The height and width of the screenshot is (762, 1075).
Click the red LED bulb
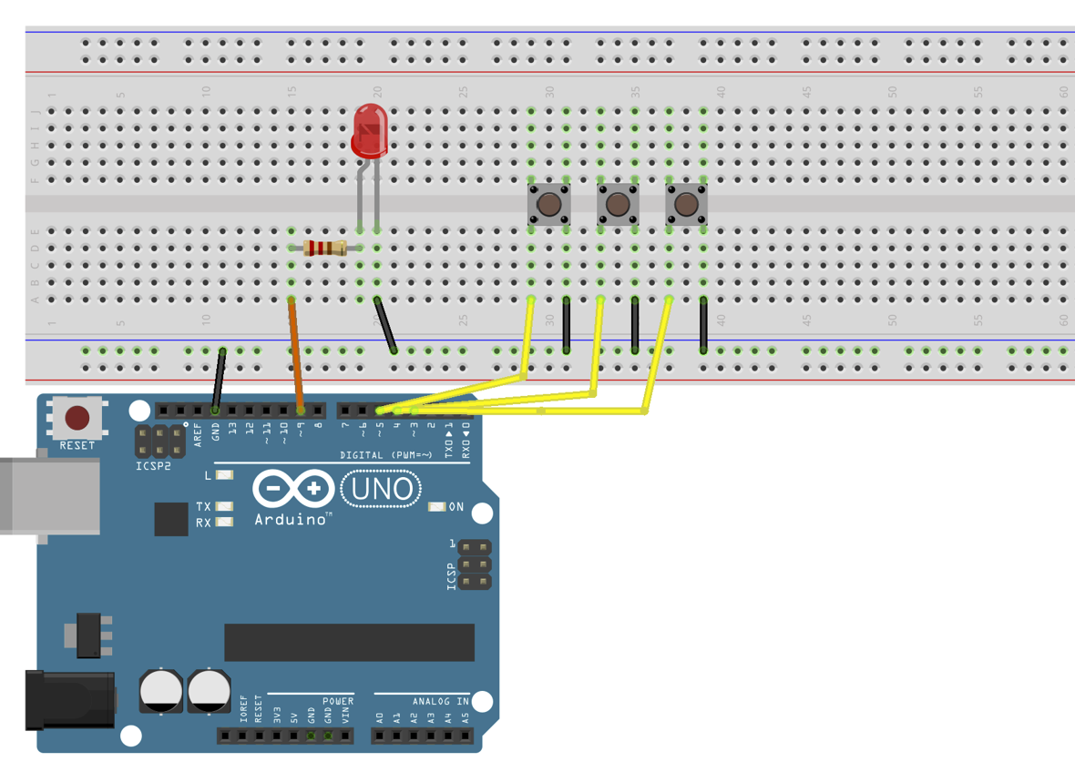(x=369, y=130)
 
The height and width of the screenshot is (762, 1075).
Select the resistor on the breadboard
(x=324, y=248)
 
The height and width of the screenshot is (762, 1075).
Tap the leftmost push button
(x=549, y=204)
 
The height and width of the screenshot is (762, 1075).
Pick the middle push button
(x=618, y=204)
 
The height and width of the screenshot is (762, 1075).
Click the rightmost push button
(x=686, y=204)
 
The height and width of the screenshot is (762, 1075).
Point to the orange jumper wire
(x=296, y=355)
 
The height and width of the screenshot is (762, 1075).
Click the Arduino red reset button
(x=77, y=418)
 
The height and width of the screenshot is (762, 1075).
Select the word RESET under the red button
(x=77, y=445)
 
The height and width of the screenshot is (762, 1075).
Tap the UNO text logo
(x=381, y=490)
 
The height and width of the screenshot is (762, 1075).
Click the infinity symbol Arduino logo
(x=293, y=489)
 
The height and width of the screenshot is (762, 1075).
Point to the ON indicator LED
(x=437, y=506)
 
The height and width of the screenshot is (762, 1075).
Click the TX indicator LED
(x=224, y=506)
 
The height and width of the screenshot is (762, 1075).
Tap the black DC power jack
(x=68, y=699)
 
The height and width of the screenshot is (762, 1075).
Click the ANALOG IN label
(x=440, y=701)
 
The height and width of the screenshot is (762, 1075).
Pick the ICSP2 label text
(x=153, y=466)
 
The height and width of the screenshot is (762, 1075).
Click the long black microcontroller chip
(x=349, y=642)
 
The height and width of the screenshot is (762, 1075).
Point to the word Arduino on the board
(x=292, y=519)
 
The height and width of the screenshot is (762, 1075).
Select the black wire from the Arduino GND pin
(x=219, y=380)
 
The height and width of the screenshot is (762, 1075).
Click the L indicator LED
(x=224, y=475)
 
